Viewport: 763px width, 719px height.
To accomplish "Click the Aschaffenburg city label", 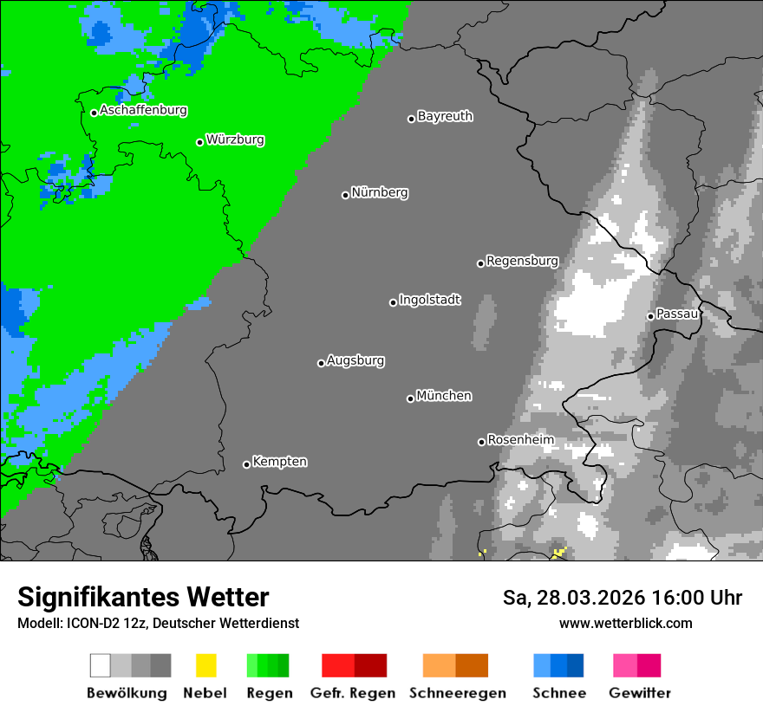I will [x=143, y=111].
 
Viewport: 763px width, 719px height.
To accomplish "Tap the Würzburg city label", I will [x=235, y=140].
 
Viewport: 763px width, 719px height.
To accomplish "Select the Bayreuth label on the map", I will [x=445, y=116].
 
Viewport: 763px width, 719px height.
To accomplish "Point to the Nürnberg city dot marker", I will [x=345, y=195].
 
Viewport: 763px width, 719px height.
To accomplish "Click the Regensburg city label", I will [x=522, y=261].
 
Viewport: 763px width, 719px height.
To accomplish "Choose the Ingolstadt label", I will [x=429, y=301].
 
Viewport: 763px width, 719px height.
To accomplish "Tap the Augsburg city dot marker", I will [x=321, y=363].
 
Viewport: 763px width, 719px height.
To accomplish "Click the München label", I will [x=444, y=396].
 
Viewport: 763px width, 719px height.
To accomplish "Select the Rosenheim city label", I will [x=520, y=440].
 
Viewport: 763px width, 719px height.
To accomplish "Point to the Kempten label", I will [x=279, y=462].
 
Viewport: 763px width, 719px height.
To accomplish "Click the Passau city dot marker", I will [x=650, y=316].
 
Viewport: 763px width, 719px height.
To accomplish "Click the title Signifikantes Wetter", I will [x=143, y=597].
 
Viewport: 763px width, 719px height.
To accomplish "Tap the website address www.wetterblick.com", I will [x=625, y=623].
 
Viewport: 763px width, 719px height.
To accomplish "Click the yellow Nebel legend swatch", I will [x=205, y=665].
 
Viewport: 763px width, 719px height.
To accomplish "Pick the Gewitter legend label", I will [x=639, y=693].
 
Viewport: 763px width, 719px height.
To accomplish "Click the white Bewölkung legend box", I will [x=101, y=665].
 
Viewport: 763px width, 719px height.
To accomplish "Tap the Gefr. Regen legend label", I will [x=352, y=693].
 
